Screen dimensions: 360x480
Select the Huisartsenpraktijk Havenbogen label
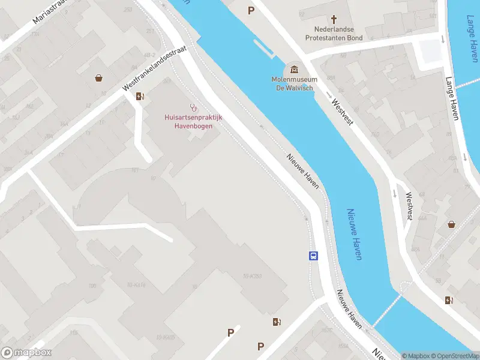coord(193,122)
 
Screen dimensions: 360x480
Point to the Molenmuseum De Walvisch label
coord(295,84)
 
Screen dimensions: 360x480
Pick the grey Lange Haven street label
coord(452,98)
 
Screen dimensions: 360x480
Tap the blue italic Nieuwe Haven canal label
coord(354,234)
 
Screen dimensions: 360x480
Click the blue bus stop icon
coord(313,256)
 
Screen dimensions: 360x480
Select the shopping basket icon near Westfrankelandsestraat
coord(98,77)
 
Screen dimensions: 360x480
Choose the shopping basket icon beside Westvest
coord(451,224)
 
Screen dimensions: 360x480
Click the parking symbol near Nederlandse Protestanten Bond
coord(251,10)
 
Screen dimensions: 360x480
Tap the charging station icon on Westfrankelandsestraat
coord(140,96)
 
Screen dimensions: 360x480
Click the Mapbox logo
coord(26,353)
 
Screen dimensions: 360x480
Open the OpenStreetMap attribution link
coord(454,356)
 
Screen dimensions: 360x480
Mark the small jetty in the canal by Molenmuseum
coord(264,50)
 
